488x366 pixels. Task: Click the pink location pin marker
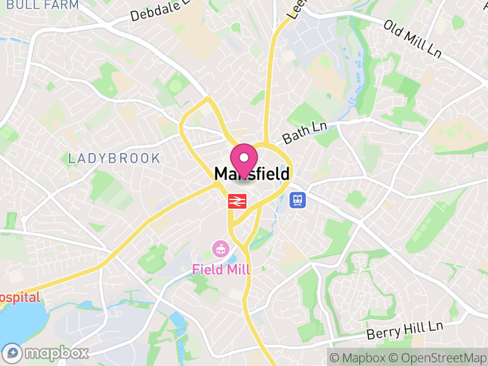[x=245, y=160]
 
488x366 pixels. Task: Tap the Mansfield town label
[x=251, y=174]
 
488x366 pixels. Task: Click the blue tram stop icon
[x=298, y=199]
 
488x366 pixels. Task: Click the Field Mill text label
[x=221, y=270]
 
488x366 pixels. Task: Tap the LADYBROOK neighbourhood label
[x=114, y=159]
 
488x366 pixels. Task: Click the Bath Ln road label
[x=305, y=132]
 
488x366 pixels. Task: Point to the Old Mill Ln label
[x=412, y=39]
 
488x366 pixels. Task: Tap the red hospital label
[x=20, y=298]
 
